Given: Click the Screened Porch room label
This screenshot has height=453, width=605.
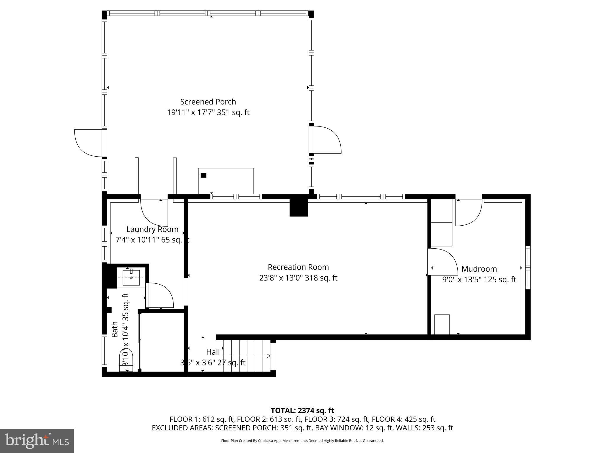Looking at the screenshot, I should click(208, 102).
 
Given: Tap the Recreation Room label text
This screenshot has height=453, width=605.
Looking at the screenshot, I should click(298, 267).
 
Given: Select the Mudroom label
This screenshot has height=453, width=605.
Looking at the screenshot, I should click(479, 269).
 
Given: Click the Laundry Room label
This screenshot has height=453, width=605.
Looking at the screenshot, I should click(152, 229).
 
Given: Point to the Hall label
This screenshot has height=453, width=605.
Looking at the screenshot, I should click(213, 352).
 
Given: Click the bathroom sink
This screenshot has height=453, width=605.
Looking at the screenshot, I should click(131, 278).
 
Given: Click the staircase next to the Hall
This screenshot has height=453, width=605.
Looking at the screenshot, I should click(247, 356).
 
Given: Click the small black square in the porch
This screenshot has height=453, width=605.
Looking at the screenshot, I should click(203, 175).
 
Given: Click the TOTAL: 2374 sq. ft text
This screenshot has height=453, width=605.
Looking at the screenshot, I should click(302, 411).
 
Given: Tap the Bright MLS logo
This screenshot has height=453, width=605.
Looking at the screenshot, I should click(37, 441).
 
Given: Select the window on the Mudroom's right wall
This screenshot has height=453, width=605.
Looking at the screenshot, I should click(528, 267).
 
